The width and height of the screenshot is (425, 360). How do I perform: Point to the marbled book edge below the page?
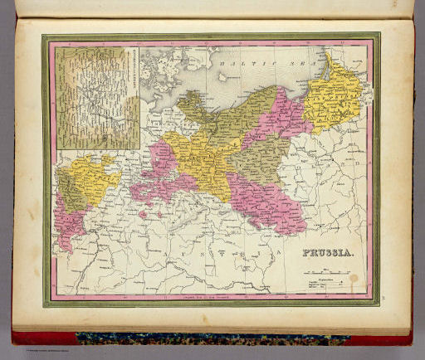coord(212,339)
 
